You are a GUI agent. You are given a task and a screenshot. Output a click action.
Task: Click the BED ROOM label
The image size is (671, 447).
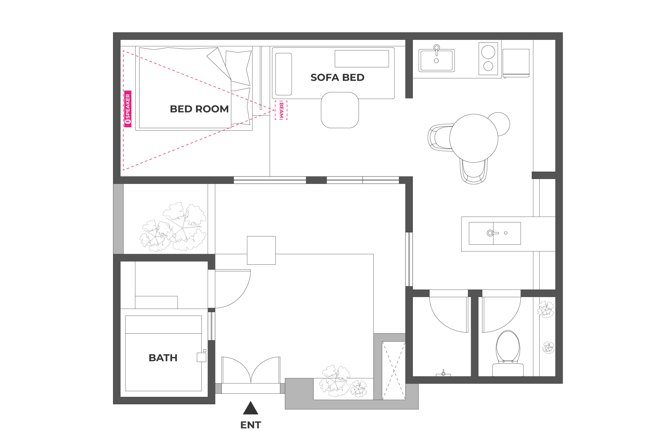(x=199, y=109)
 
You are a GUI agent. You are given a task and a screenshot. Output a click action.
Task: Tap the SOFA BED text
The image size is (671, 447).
(x=337, y=77)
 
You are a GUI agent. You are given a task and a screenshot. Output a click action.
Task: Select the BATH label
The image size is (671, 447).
(x=163, y=358)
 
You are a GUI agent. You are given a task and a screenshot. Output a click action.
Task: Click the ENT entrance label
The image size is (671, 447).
(x=250, y=425)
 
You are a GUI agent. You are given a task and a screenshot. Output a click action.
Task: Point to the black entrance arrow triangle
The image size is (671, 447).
(x=250, y=409)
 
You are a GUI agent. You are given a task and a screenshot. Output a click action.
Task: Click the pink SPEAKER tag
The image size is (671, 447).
(x=128, y=109)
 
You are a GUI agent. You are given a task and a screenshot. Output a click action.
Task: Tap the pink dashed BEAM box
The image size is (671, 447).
(x=281, y=110)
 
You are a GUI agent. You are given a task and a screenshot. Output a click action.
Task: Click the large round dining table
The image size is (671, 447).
(x=474, y=138)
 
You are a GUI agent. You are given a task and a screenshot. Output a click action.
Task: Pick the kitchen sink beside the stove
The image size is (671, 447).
(x=437, y=60)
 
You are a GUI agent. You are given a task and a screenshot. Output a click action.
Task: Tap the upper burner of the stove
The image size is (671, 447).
(x=488, y=52)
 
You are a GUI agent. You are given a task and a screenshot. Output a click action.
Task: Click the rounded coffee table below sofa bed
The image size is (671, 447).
(x=340, y=110)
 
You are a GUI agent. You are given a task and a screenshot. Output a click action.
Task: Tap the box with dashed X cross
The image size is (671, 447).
(x=394, y=370)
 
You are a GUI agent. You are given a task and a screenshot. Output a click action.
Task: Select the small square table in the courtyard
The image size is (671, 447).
(x=261, y=250)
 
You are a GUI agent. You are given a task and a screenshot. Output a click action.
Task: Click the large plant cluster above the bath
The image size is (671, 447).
(x=173, y=227)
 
